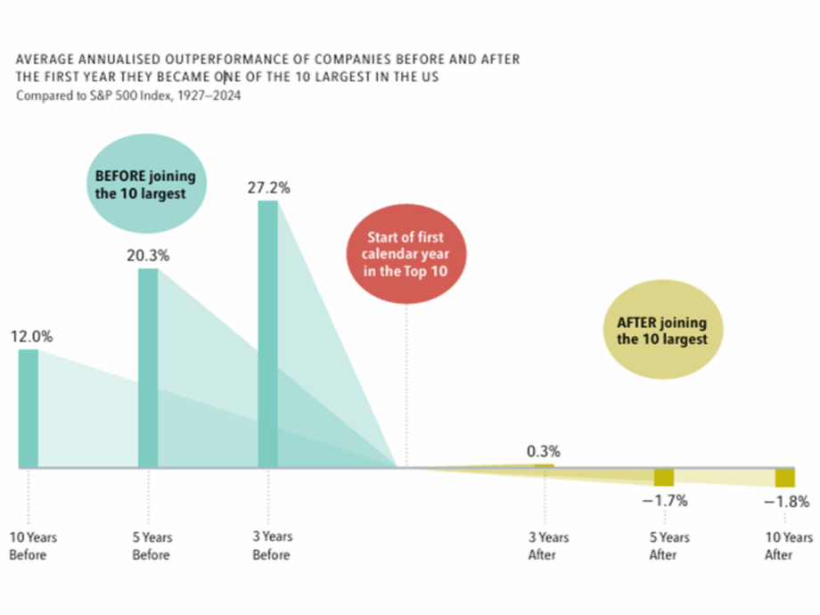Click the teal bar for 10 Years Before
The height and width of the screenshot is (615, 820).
point(29,407)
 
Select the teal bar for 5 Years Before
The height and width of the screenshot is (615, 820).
point(148,367)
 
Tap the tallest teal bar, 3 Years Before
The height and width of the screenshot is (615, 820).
point(267,333)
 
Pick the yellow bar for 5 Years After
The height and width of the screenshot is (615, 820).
point(664,477)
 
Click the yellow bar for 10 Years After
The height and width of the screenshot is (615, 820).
point(784,478)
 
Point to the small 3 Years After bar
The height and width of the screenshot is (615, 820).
point(544,465)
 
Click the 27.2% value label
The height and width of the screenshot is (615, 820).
point(269,188)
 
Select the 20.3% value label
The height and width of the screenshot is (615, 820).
point(148,256)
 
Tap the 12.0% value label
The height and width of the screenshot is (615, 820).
point(31,337)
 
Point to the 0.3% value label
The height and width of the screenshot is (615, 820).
point(543,451)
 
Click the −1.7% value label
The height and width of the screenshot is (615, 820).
point(665,501)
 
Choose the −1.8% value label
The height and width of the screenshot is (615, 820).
point(786,502)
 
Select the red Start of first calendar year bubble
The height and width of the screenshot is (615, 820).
point(406,254)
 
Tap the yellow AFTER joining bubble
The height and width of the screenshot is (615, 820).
point(661,331)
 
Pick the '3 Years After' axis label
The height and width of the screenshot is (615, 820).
point(548,545)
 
